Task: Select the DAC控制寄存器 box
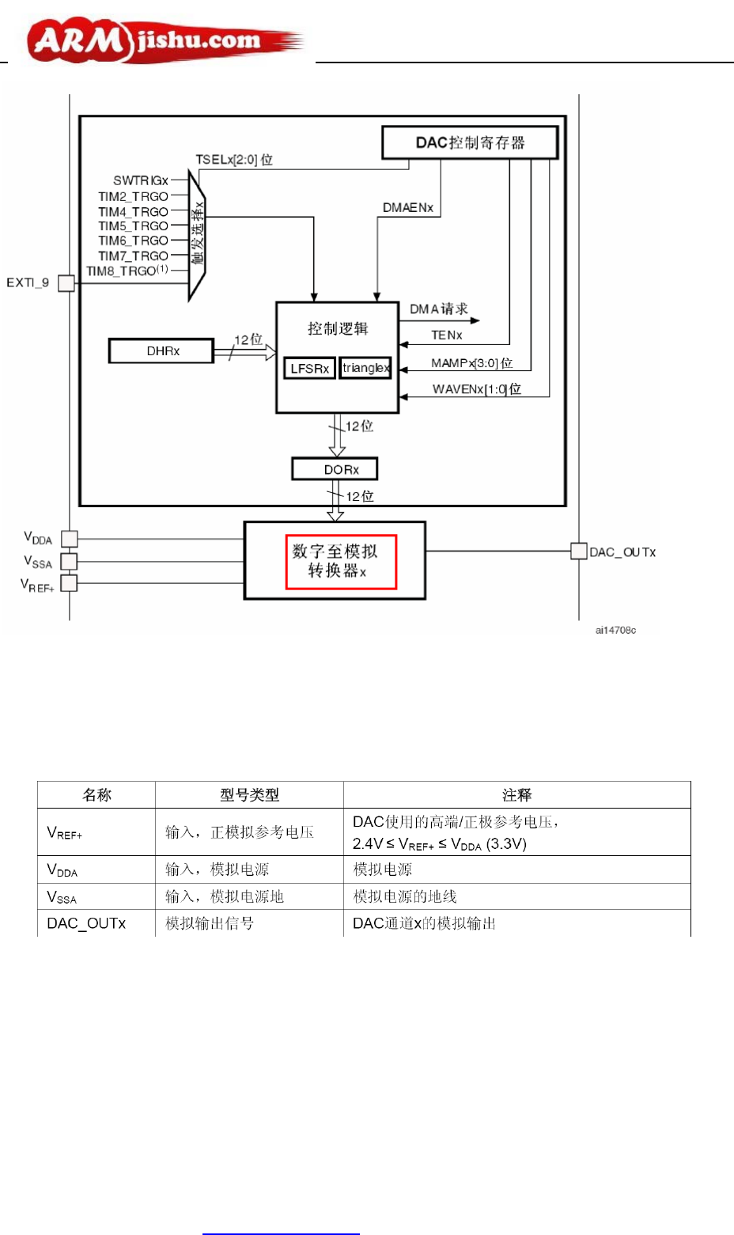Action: tap(470, 142)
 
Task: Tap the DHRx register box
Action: tap(161, 350)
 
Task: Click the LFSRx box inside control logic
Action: tap(309, 369)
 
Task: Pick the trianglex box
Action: tap(365, 368)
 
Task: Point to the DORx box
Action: tap(335, 469)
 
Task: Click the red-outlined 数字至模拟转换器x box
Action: tap(340, 562)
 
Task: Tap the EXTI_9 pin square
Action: tap(66, 283)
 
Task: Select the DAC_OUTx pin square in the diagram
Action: tap(579, 551)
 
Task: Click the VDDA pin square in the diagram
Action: tap(70, 539)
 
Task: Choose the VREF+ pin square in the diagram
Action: tap(70, 583)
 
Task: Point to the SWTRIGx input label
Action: tap(141, 180)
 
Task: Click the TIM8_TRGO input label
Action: tap(127, 271)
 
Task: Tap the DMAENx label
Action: tap(408, 207)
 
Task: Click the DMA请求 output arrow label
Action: tap(439, 309)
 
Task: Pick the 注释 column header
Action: tap(516, 795)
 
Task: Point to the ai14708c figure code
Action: tap(615, 631)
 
